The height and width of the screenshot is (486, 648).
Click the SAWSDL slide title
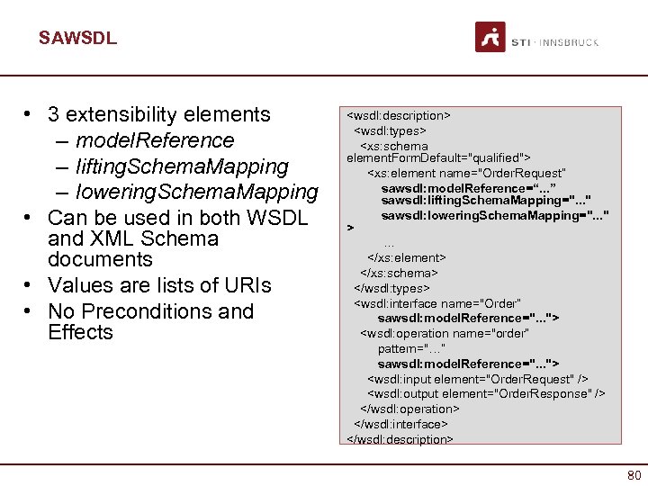click(77, 39)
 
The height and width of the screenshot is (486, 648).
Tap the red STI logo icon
click(490, 38)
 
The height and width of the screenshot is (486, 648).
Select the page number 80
click(633, 474)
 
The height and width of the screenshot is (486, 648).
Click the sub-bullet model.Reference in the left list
click(154, 140)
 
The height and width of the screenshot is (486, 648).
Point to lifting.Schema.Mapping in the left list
click(182, 166)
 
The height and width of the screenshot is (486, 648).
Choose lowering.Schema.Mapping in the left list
click(196, 192)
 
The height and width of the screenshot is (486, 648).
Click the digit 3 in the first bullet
click(54, 114)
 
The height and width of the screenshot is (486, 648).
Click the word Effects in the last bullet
click(80, 332)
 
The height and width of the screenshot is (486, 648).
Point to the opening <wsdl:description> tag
click(398, 116)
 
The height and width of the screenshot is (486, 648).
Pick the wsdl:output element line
click(486, 393)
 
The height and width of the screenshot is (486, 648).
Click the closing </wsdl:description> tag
click(400, 439)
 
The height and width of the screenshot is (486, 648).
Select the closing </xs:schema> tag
click(399, 273)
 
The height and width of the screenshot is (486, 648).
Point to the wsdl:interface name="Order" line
click(437, 303)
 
